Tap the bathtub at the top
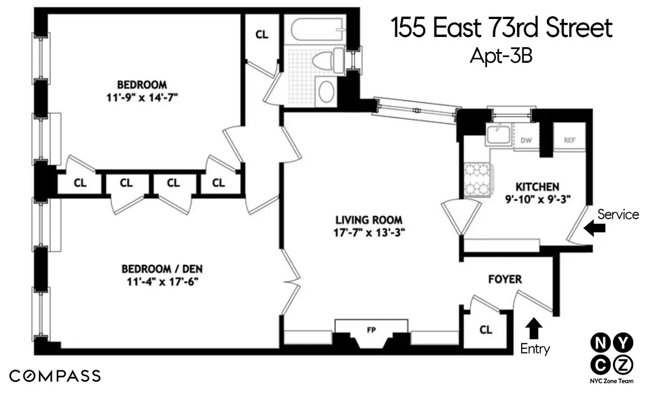[317, 30]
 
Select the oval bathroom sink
[326, 91]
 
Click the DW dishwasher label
[526, 140]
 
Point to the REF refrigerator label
[569, 140]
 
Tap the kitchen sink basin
[498, 134]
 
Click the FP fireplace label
[371, 330]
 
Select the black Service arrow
[594, 227]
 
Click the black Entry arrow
[534, 328]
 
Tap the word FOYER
[505, 279]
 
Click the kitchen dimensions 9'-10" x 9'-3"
[537, 199]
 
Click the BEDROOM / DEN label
[162, 269]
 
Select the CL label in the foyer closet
[486, 330]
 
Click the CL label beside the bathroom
[262, 35]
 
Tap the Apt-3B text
[501, 55]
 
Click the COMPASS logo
[55, 376]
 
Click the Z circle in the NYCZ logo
[622, 364]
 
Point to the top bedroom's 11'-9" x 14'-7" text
[142, 98]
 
